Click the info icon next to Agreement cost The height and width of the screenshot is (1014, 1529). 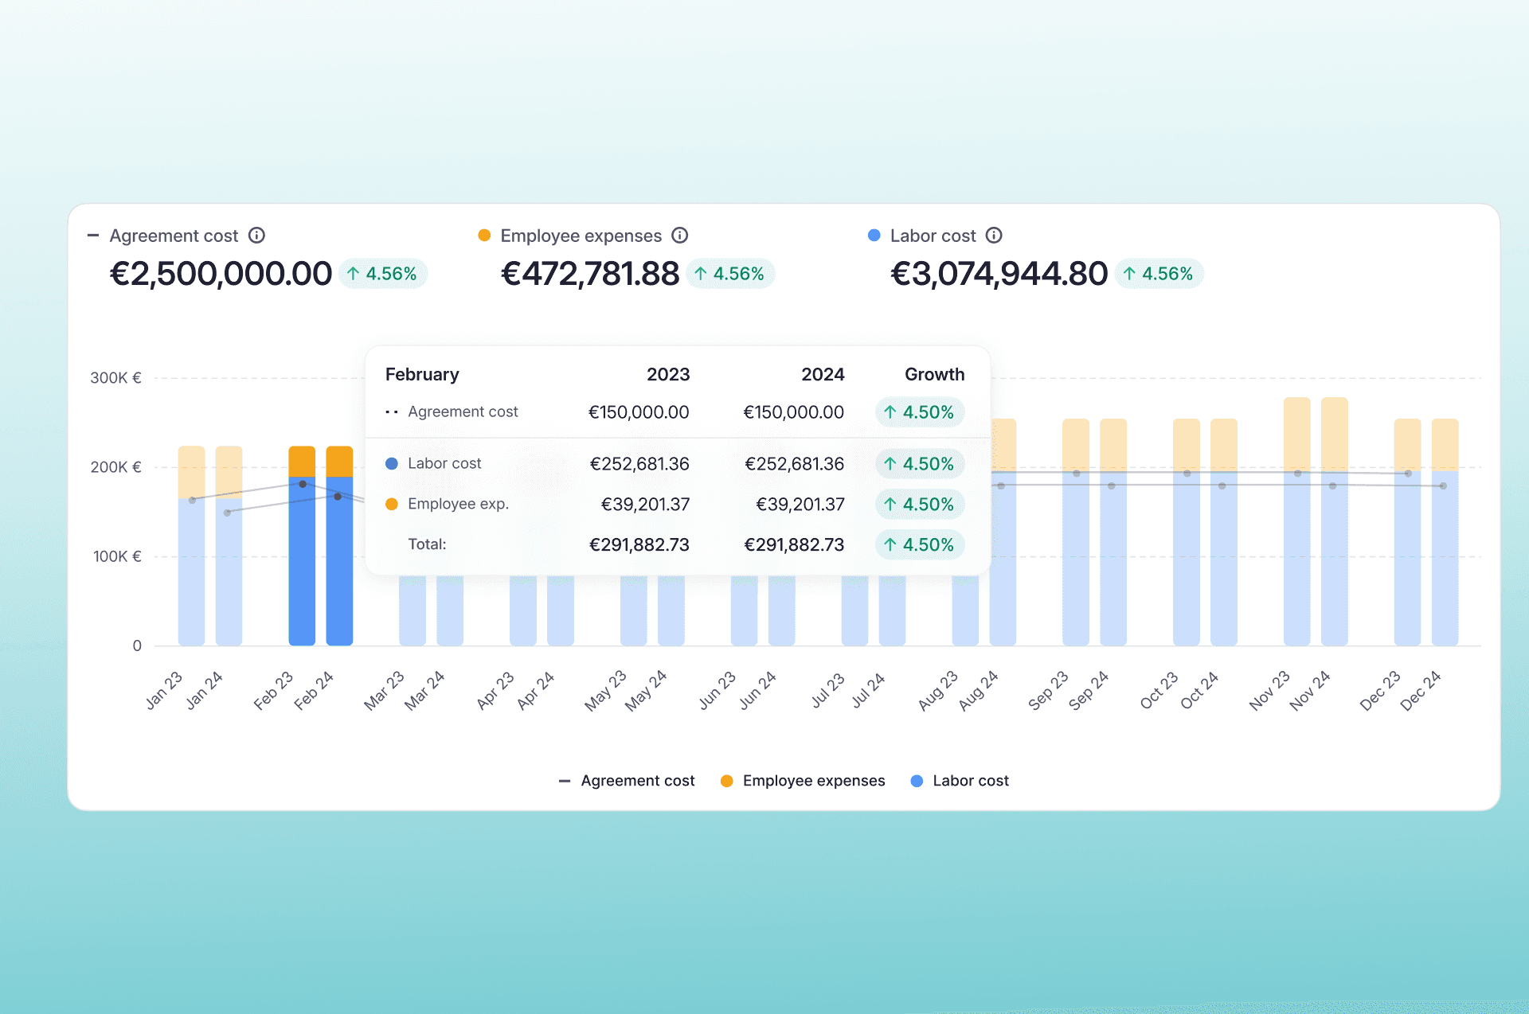(256, 236)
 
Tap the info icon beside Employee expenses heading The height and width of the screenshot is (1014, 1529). (679, 236)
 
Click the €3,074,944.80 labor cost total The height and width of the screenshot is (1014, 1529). (999, 274)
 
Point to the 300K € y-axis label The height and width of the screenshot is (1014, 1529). (115, 378)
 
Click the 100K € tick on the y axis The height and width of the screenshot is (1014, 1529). (117, 556)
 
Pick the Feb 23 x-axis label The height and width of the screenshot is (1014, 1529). (274, 691)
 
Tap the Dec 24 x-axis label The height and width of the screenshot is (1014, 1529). (1420, 691)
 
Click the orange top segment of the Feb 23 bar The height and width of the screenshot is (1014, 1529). (302, 461)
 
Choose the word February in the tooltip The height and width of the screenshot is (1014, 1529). (422, 374)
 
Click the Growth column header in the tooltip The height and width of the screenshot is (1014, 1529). (934, 374)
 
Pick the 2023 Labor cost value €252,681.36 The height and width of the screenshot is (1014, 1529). (639, 464)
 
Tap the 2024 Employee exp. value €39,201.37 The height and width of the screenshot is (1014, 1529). (800, 505)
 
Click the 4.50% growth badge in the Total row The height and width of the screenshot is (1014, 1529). (920, 545)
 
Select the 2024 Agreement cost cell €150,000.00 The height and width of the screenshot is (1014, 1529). (793, 412)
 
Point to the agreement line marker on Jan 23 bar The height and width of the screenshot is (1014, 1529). (192, 500)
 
